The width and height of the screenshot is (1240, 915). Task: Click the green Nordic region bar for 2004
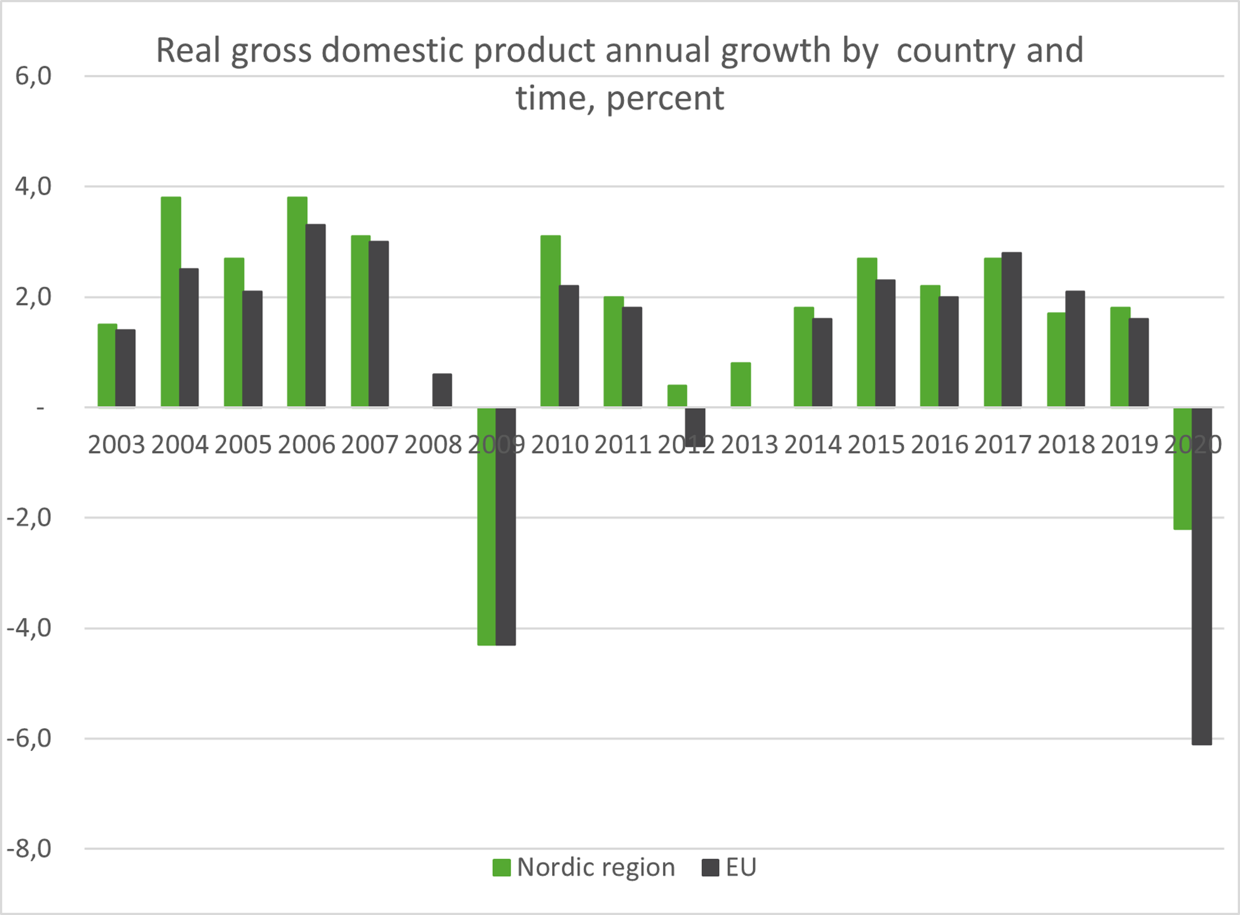tap(171, 302)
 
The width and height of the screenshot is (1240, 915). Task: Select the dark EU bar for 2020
tap(1202, 576)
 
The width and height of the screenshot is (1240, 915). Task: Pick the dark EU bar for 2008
tap(442, 390)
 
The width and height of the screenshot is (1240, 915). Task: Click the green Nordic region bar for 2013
tap(740, 385)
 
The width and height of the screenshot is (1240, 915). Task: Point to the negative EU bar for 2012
tap(695, 427)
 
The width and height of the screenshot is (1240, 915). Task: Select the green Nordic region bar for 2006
tap(297, 302)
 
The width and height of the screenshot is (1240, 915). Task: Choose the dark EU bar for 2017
tap(1011, 329)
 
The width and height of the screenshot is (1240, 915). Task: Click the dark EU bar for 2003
tap(126, 368)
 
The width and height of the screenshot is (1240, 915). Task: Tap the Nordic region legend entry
tap(584, 867)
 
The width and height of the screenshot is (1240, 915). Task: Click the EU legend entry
tap(729, 867)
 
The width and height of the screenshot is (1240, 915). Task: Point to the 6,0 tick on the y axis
tap(33, 76)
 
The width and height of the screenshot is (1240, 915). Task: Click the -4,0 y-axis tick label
tap(29, 628)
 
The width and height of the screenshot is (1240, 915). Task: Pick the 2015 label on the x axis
tap(875, 445)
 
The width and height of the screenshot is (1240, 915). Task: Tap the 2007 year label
tap(369, 445)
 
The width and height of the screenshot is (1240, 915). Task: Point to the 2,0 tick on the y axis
tap(33, 297)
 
